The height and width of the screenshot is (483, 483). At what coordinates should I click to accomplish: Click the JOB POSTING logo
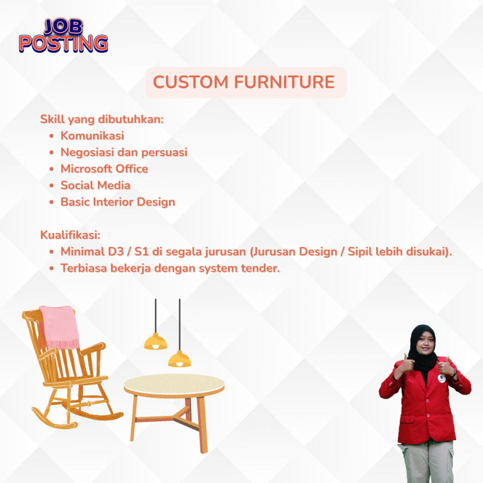click(x=63, y=35)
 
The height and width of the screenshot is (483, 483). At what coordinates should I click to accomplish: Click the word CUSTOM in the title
click(x=191, y=82)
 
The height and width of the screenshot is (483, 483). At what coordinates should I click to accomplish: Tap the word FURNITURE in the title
click(x=284, y=82)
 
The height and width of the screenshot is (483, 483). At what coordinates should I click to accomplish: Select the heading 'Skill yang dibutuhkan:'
click(x=102, y=119)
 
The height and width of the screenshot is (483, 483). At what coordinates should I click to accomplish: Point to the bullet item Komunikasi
click(x=92, y=136)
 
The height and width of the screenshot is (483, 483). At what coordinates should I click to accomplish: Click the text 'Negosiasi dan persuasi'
click(x=124, y=152)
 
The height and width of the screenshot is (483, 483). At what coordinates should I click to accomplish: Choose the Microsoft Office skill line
click(x=104, y=169)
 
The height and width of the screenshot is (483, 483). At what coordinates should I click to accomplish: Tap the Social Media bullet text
click(x=95, y=186)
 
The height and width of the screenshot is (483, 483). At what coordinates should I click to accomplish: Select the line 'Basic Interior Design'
click(x=118, y=202)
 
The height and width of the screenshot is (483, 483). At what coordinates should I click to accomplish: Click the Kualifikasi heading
click(x=70, y=235)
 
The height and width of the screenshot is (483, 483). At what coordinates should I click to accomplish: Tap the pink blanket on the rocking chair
click(x=60, y=327)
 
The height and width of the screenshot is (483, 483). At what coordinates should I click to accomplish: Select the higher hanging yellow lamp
click(x=156, y=341)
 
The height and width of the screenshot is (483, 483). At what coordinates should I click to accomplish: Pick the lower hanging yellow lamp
click(x=180, y=359)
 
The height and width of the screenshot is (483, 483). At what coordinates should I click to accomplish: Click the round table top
click(x=174, y=384)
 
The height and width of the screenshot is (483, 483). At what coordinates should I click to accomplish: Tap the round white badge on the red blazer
click(x=442, y=378)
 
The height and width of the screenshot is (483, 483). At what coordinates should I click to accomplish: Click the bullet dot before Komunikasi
click(x=52, y=136)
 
